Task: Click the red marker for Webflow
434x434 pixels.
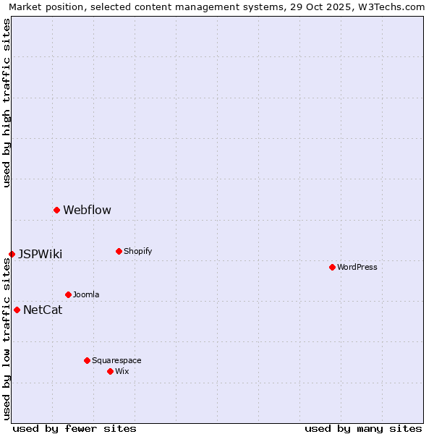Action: [56, 210]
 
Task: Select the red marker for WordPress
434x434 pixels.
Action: [332, 267]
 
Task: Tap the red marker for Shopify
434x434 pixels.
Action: [119, 251]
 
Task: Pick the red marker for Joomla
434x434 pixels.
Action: [68, 294]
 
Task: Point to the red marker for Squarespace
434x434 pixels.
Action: [87, 360]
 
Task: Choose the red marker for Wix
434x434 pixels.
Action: [110, 371]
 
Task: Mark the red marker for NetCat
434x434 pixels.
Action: [17, 310]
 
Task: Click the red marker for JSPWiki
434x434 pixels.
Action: [12, 254]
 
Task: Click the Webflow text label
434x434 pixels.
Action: [87, 210]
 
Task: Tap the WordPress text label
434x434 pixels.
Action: [357, 268]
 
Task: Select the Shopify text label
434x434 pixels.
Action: [137, 252]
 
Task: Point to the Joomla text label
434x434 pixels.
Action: [86, 295]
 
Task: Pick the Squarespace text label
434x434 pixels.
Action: [116, 361]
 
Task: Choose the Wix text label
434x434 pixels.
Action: [122, 372]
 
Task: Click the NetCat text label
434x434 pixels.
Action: [43, 310]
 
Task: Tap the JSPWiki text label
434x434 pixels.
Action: [40, 255]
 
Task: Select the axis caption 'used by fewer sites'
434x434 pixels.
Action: [75, 428]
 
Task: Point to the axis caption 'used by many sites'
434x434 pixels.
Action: [363, 428]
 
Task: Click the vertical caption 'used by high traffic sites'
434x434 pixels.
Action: [7, 103]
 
